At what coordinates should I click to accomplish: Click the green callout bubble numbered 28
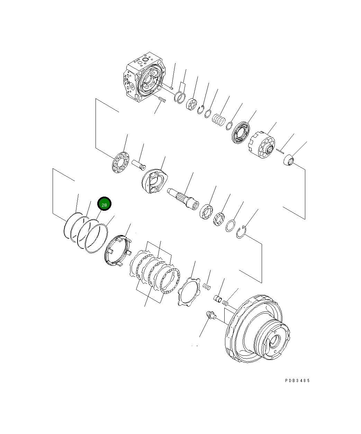pyautogui.click(x=104, y=204)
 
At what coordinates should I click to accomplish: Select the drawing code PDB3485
pyautogui.click(x=297, y=380)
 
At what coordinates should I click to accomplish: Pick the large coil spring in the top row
pyautogui.click(x=218, y=120)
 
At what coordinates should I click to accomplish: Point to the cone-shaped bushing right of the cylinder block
pyautogui.click(x=288, y=161)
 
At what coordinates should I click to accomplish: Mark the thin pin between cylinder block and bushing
pyautogui.click(x=280, y=150)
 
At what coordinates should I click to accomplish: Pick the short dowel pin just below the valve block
pyautogui.click(x=162, y=100)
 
